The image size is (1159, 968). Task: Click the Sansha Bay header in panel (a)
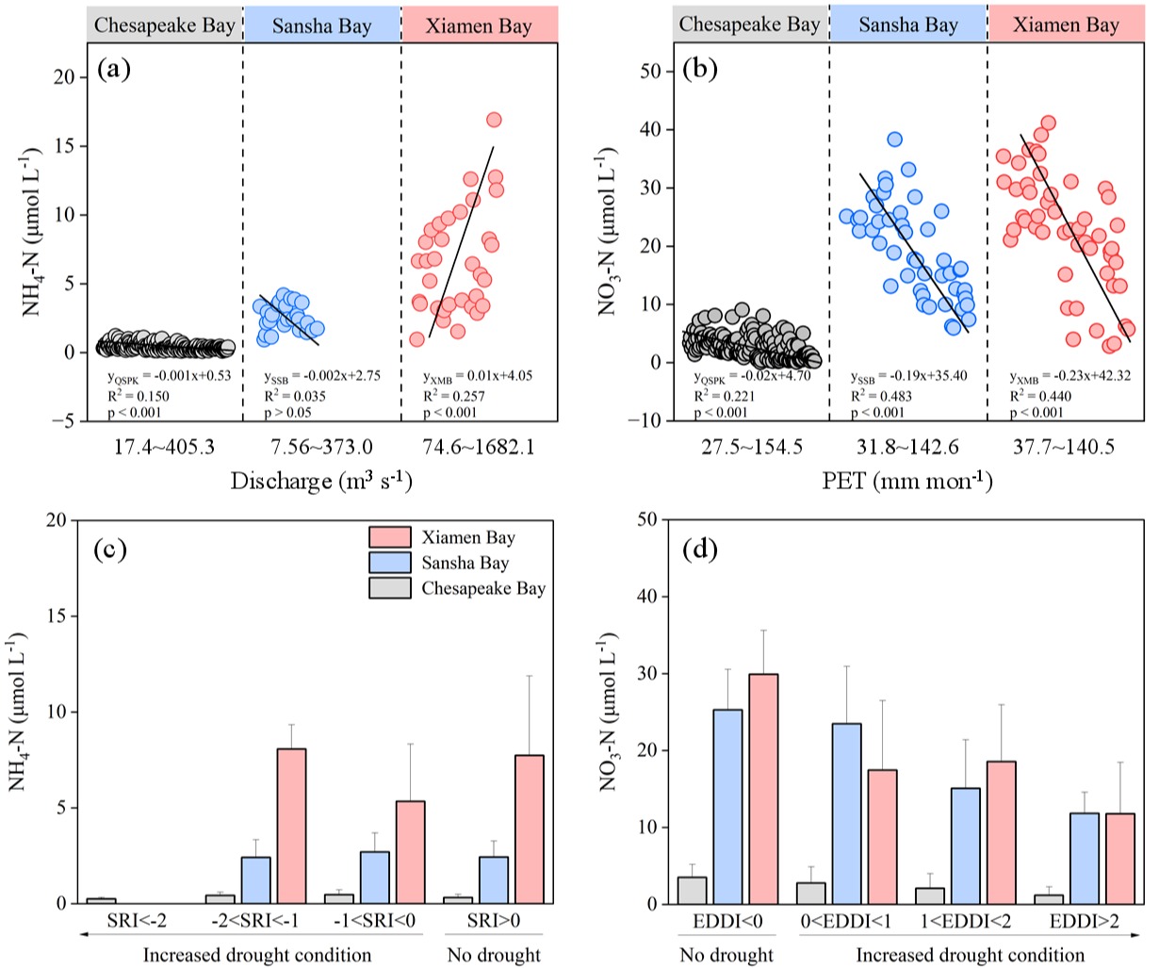coord(321,25)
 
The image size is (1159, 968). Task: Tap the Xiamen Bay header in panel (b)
coord(1067,25)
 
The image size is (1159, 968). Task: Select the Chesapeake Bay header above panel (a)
coord(164,25)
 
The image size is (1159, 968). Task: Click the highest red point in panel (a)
coord(493,120)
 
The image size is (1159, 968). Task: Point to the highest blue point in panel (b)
coord(894,139)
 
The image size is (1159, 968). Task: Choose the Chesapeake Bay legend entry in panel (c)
coord(482,588)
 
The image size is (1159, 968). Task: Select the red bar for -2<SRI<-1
coord(290,826)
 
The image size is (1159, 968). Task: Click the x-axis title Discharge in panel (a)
coord(321,482)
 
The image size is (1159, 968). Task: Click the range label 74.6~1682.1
coord(478,447)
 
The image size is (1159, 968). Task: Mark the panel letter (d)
coord(698,550)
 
